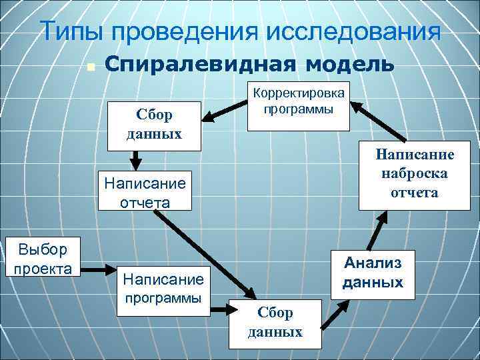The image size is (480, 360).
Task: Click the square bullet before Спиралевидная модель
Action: (x=91, y=67)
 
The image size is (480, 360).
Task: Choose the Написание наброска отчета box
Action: (x=415, y=175)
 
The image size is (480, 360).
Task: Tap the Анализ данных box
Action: (x=373, y=273)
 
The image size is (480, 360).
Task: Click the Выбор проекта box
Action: (x=43, y=259)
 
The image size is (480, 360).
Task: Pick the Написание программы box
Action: (x=162, y=287)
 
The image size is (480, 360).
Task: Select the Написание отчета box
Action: (x=145, y=191)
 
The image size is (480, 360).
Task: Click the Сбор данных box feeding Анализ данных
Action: (x=275, y=324)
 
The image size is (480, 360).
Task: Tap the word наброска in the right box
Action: (x=415, y=173)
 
